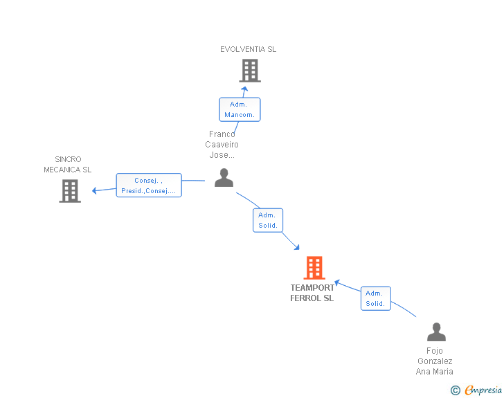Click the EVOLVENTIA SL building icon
[249, 71]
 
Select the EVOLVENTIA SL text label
[248, 49]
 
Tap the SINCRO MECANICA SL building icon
[70, 191]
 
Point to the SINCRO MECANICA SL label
[67, 165]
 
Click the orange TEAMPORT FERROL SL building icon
[314, 267]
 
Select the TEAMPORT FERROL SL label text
[312, 293]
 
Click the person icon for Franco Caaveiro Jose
[224, 178]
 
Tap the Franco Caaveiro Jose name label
[222, 145]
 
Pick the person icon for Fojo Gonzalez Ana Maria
[436, 332]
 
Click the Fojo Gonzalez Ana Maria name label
[434, 361]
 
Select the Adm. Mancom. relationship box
[240, 109]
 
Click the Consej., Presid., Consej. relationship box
[148, 186]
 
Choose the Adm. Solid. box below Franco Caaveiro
[268, 220]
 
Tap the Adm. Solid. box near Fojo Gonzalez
[375, 298]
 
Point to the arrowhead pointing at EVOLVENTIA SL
[244, 89]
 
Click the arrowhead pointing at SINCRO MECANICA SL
[96, 190]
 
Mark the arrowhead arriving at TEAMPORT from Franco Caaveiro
[296, 247]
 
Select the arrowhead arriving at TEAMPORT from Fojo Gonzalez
[337, 282]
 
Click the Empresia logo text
[483, 390]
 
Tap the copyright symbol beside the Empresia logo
[456, 391]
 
